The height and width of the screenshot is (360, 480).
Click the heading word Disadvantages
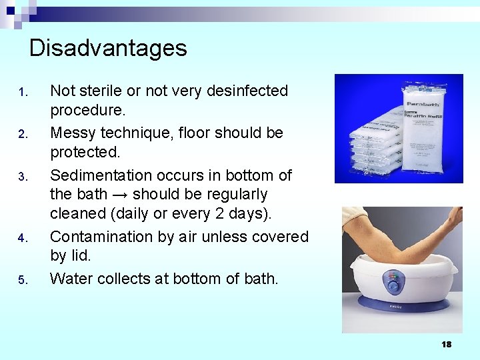click(x=108, y=48)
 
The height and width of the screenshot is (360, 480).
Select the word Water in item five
click(x=72, y=279)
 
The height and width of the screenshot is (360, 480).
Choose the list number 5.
click(x=22, y=280)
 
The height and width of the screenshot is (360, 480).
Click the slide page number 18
click(x=446, y=344)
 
